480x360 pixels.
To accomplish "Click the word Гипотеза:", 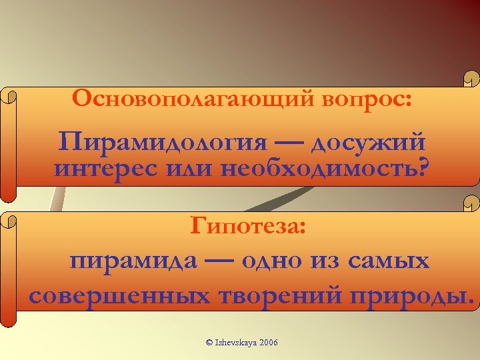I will [249, 227].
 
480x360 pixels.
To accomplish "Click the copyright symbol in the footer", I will [209, 343].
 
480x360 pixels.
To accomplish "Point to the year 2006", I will [268, 343].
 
